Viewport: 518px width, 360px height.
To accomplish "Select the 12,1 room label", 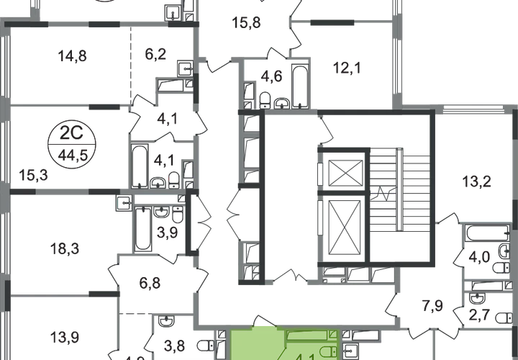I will [x=347, y=68].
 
